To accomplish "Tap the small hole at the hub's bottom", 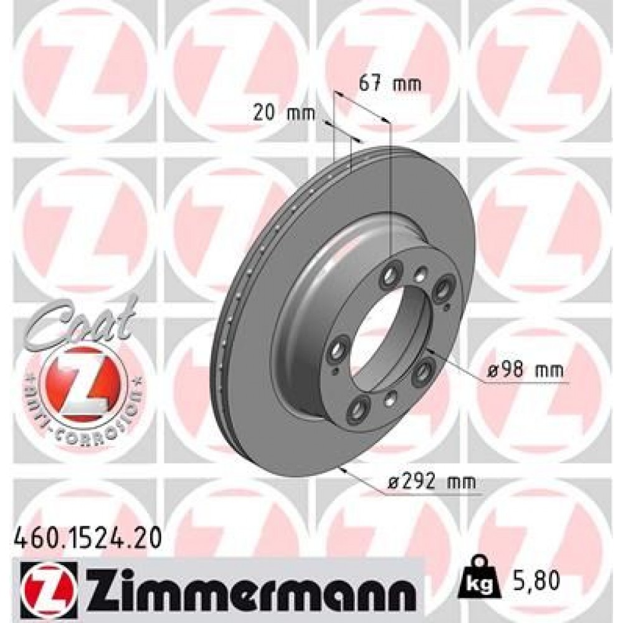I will coord(391,397).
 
